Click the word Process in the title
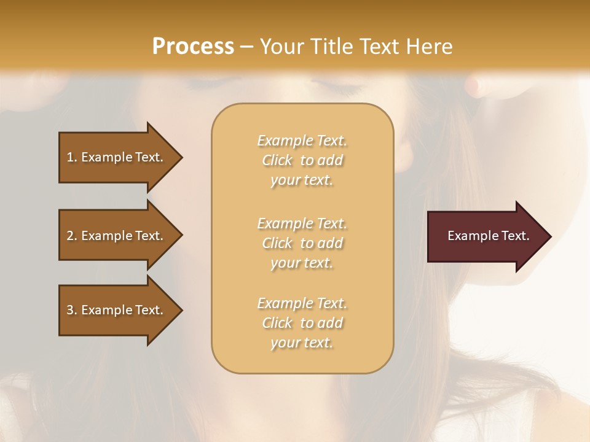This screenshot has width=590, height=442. coord(193,47)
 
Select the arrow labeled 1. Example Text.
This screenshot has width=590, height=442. coord(117,157)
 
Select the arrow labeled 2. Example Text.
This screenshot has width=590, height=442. coord(117,236)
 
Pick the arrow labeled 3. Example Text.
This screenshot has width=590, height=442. coord(117,310)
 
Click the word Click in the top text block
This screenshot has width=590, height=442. coord(277,160)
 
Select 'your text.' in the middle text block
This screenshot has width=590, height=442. coord(302,263)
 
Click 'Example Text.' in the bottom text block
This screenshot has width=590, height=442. coord(302,303)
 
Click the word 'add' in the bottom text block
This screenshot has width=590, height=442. coord(331,323)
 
